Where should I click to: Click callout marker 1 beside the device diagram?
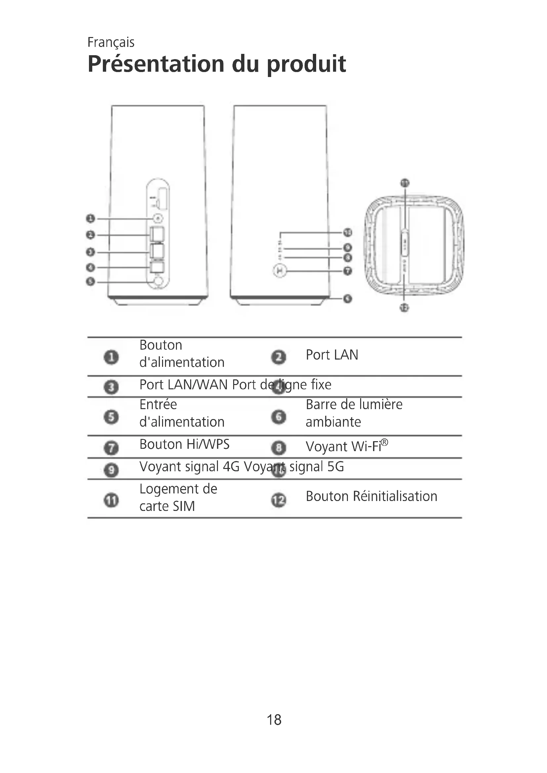[90, 219]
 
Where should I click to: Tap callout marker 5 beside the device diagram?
[90, 281]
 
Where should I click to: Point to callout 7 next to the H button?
[348, 271]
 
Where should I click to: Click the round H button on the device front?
[279, 271]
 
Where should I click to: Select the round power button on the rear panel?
[158, 219]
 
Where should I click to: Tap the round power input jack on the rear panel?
[158, 281]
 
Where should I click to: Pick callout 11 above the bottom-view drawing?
[404, 183]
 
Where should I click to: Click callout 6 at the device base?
[348, 299]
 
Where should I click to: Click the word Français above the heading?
[111, 42]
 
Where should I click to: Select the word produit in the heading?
[306, 64]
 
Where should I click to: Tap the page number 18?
[274, 720]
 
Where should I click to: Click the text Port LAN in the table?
[332, 355]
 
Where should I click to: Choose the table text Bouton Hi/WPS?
[184, 444]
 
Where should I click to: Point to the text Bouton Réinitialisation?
[371, 496]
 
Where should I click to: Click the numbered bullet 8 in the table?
[278, 448]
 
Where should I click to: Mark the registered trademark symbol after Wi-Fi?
[385, 442]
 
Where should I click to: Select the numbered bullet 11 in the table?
[111, 500]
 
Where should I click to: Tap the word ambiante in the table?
[333, 422]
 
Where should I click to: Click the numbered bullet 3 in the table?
[111, 387]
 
